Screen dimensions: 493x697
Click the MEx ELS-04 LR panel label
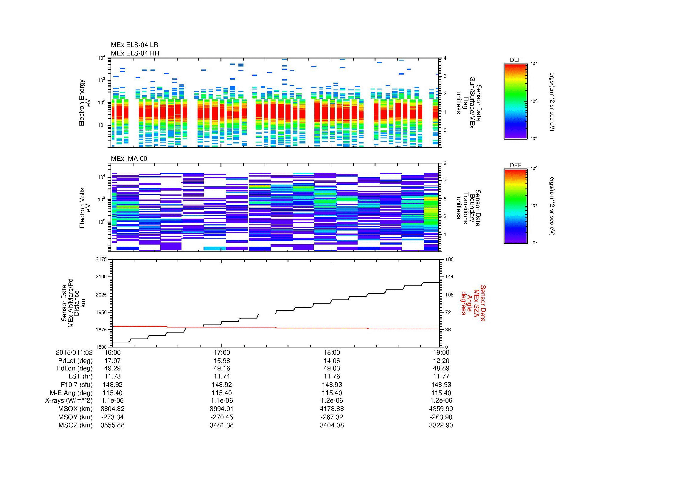tap(134, 45)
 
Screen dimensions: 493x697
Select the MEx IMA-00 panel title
tap(129, 159)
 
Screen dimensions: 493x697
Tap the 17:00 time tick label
tap(222, 352)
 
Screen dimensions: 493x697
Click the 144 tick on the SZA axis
tap(449, 277)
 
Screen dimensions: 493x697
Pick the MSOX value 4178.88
tap(332, 409)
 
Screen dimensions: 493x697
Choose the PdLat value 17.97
tap(113, 361)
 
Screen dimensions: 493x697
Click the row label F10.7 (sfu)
tap(77, 384)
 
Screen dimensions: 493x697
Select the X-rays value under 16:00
tap(113, 401)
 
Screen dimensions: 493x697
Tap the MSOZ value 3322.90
tap(441, 425)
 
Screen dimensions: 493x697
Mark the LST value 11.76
tap(332, 376)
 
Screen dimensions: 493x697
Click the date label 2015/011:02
tap(74, 352)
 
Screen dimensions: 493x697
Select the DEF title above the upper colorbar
tap(516, 60)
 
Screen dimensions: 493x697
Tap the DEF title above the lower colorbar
tap(516, 165)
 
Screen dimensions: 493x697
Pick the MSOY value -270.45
tap(222, 417)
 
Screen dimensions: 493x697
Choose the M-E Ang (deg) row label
tap(71, 393)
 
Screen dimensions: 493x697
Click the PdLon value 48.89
tap(441, 368)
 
